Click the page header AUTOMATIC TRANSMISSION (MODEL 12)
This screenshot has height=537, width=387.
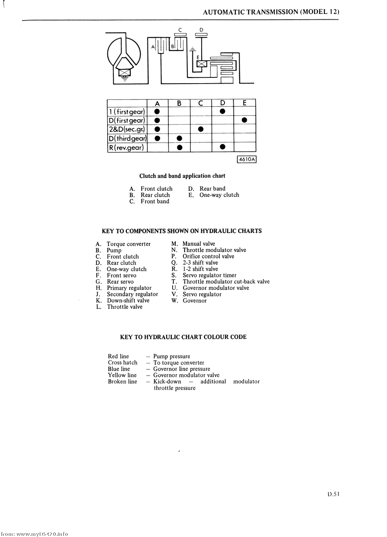tap(271, 12)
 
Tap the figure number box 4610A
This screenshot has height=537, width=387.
tap(247, 159)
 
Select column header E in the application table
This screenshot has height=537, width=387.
tap(245, 103)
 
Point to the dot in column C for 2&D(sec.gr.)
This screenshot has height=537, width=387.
tap(200, 129)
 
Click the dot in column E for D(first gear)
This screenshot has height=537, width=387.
tap(245, 120)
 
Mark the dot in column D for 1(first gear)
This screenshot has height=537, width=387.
tap(223, 111)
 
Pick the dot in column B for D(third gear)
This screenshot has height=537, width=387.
tap(179, 138)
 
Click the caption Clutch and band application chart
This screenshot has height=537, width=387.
tap(182, 176)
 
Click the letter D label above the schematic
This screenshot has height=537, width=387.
tap(201, 29)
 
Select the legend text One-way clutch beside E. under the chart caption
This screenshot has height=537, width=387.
tap(219, 195)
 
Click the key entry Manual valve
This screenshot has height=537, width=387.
tap(199, 244)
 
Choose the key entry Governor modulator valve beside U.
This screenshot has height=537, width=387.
tap(216, 288)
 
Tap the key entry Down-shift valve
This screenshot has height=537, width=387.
tap(128, 301)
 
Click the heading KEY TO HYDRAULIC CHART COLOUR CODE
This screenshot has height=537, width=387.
tap(183, 337)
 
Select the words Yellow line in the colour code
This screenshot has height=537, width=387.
tap(122, 375)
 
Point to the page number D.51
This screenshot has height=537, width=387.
tap(333, 494)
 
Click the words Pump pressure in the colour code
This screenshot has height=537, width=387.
tap(171, 356)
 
